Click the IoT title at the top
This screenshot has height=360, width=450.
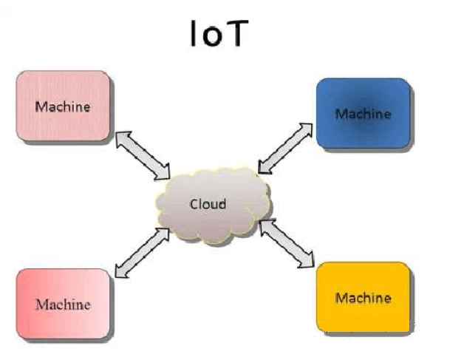pos(216,33)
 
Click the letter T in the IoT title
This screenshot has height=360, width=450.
pos(234,33)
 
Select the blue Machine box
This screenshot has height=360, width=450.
pos(363,112)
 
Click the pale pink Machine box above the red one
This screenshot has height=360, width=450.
pos(63,104)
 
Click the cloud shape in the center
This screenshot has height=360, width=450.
pos(211,205)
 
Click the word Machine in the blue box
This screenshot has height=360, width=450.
pos(363,114)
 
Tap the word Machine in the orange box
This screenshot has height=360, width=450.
pos(363,298)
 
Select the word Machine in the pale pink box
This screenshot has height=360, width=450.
pos(63,106)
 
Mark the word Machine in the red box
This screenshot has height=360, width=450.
pos(63,304)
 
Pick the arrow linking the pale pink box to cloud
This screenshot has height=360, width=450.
pos(143,154)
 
